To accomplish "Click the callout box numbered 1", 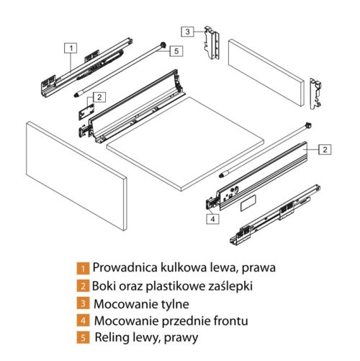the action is (x=71, y=48).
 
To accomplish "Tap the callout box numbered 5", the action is (x=176, y=51).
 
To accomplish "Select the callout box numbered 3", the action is (x=187, y=32).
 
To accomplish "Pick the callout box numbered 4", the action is (x=212, y=219).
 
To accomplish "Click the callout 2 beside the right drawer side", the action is (x=325, y=149).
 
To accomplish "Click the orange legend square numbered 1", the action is (x=83, y=268).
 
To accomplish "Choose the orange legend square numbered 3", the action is (x=83, y=303).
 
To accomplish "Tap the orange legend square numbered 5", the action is (x=83, y=337).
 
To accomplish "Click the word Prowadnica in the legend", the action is (x=125, y=267).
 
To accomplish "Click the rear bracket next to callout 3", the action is (x=212, y=43).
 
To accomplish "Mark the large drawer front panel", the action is (x=76, y=176).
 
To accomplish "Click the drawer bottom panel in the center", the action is (x=185, y=143).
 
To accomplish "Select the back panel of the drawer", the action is (x=266, y=73).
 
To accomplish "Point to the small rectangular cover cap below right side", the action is (x=248, y=203).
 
